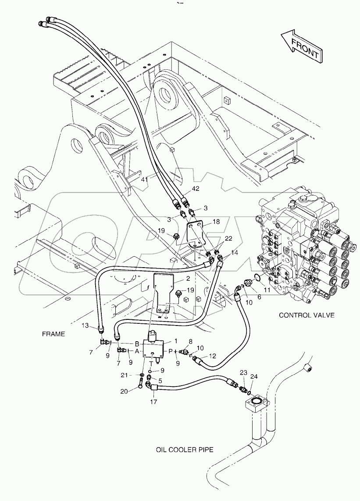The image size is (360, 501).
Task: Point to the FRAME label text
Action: [x=53, y=334]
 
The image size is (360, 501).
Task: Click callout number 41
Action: [x=145, y=179]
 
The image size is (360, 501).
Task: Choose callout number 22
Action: [x=228, y=238]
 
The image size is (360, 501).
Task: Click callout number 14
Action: [x=235, y=253]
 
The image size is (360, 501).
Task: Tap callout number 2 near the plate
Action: [x=188, y=279]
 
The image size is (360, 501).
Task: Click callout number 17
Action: [x=154, y=401]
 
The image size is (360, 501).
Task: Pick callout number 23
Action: [x=243, y=372]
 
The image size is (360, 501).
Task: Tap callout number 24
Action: [x=254, y=376]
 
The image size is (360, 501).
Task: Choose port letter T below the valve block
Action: [x=152, y=363]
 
